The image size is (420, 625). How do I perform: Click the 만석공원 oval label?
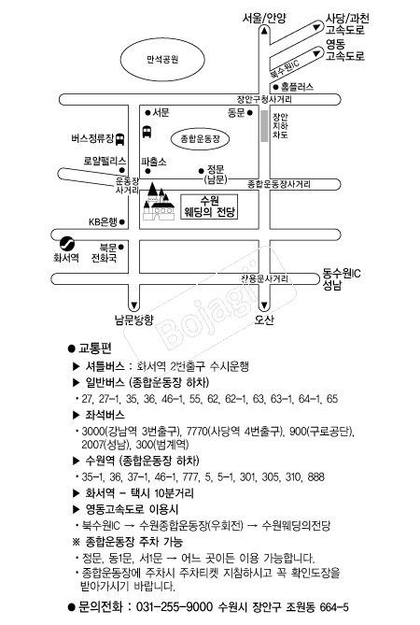point(162,60)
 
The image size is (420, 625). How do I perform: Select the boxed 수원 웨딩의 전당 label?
point(209,206)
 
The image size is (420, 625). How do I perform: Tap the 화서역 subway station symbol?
point(67,243)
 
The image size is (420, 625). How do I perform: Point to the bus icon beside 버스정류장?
point(119,139)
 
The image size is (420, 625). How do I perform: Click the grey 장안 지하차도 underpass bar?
point(264,125)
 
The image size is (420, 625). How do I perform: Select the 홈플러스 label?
point(297,87)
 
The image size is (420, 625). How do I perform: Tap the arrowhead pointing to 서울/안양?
point(264,31)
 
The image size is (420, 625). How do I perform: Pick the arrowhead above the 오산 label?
point(264,306)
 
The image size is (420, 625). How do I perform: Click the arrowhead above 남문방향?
point(134,306)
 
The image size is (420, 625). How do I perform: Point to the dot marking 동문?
point(250,113)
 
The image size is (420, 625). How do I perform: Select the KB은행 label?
point(103,222)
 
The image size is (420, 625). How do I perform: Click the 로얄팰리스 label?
point(105,161)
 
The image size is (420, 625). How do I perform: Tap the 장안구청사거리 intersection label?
point(264,99)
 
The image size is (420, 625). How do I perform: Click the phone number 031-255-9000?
point(175,607)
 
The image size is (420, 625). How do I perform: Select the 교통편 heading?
point(95,348)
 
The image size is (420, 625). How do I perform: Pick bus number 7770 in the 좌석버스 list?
point(197,432)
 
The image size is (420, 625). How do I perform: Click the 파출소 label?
point(154,162)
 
